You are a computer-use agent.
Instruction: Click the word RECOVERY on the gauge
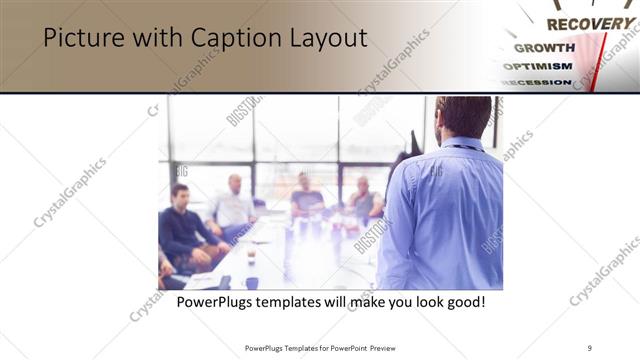(x=589, y=23)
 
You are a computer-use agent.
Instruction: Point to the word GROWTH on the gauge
(x=544, y=47)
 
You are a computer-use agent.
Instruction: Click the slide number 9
(x=590, y=347)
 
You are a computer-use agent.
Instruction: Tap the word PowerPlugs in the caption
(x=217, y=300)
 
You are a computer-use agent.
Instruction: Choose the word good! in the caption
(x=464, y=300)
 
